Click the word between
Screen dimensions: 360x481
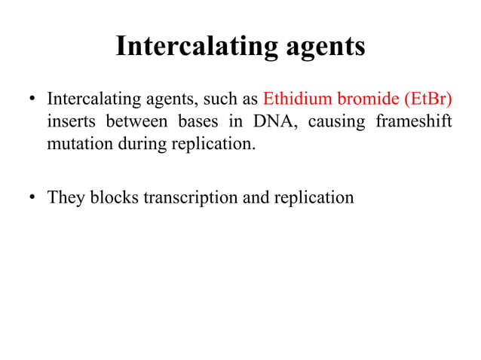135,121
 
